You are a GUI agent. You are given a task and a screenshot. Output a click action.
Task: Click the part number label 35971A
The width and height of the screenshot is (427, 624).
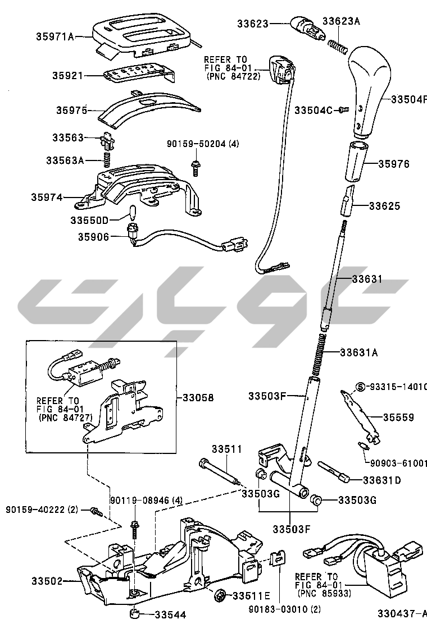[x=55, y=37]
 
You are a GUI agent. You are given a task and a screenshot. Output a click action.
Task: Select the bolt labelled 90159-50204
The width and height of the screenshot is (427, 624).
[x=194, y=165]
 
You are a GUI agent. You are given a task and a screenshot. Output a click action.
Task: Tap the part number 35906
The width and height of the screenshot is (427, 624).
[x=93, y=237]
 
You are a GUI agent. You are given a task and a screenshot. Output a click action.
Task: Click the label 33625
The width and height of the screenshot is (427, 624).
[x=384, y=206]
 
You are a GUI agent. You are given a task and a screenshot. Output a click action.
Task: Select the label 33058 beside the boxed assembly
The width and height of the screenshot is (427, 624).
[x=198, y=398]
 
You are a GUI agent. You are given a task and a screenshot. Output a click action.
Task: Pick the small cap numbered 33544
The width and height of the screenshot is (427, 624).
[x=135, y=613]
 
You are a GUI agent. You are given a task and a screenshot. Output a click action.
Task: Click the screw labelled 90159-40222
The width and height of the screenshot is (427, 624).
[x=96, y=511]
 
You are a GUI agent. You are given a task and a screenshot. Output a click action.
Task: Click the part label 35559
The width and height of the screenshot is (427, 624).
[x=398, y=417]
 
